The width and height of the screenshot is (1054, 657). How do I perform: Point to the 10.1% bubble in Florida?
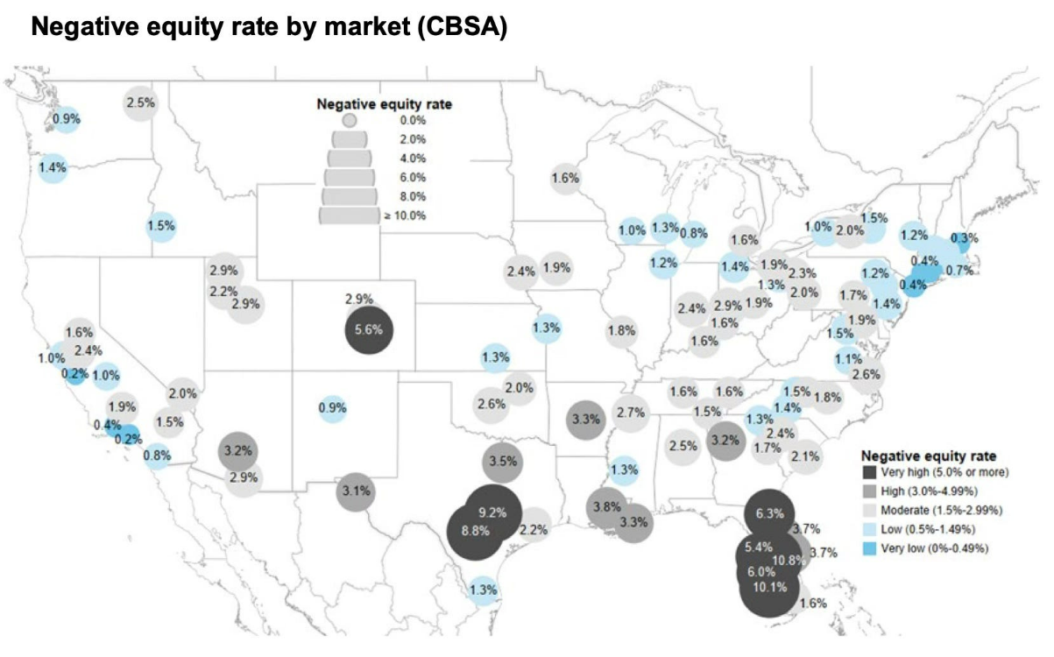pyautogui.click(x=768, y=588)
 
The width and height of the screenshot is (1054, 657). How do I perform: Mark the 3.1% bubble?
pyautogui.click(x=356, y=491)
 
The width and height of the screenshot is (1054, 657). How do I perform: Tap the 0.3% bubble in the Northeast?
pyautogui.click(x=965, y=237)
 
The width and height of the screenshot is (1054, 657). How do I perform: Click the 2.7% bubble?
pyautogui.click(x=630, y=413)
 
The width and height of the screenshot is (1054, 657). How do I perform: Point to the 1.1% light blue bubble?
pyautogui.click(x=847, y=357)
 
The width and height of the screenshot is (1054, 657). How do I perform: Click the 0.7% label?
pyautogui.click(x=960, y=270)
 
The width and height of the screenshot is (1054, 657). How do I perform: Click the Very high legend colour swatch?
pyautogui.click(x=869, y=473)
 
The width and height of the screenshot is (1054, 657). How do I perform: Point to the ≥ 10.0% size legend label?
pyautogui.click(x=404, y=215)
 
